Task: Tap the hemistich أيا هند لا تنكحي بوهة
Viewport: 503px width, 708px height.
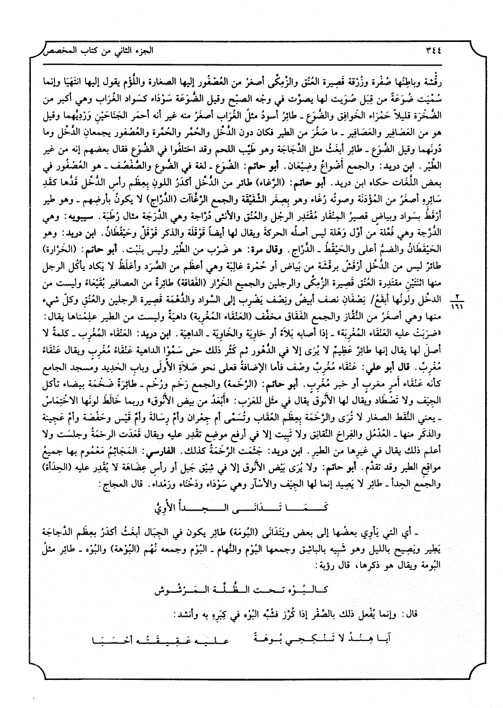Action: coord(335,640)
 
